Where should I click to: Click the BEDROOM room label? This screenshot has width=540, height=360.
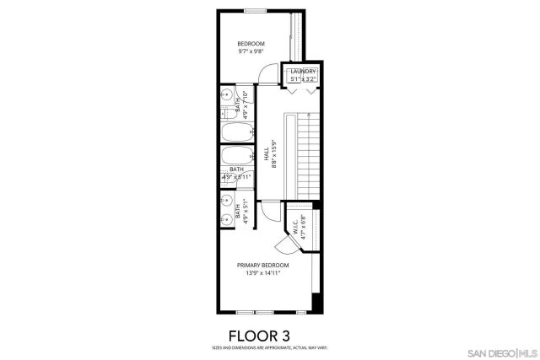click(x=251, y=44)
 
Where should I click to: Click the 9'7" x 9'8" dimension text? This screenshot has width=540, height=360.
click(x=251, y=52)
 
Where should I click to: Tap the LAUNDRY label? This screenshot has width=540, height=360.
click(x=303, y=72)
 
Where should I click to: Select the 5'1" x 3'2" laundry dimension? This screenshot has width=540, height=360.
click(x=303, y=79)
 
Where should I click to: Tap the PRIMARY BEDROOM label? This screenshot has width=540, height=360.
click(x=262, y=265)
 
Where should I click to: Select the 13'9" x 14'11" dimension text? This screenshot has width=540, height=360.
click(x=262, y=273)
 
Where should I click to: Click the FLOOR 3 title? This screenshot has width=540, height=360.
click(x=269, y=334)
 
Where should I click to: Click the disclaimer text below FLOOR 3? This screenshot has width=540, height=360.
click(x=269, y=347)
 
